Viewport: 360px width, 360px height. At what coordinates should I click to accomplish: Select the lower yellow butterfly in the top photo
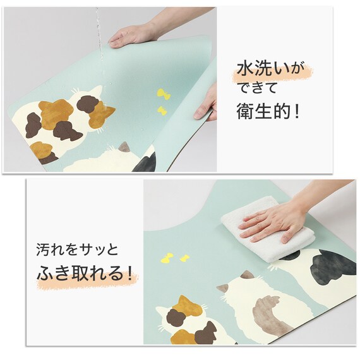tap(162, 111)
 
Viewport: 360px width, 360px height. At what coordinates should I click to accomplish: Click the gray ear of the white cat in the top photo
tap(125, 147)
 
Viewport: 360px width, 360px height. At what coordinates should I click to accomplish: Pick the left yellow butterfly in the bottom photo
tap(167, 258)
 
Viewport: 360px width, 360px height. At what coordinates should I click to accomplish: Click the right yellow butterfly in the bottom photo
tap(184, 258)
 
